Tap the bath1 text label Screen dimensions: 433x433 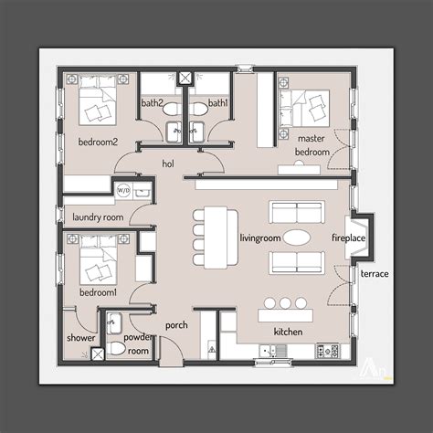[217, 104]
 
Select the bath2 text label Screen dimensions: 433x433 [153, 104]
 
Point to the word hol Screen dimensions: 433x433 [168, 164]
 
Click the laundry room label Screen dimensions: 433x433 [97, 218]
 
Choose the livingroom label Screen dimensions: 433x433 [259, 237]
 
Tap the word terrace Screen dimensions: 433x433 [374, 274]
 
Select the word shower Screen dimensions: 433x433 [80, 338]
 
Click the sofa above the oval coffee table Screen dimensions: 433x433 [296, 212]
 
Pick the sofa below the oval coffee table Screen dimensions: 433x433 [296, 263]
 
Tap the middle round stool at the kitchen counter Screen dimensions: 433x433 [284, 302]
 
